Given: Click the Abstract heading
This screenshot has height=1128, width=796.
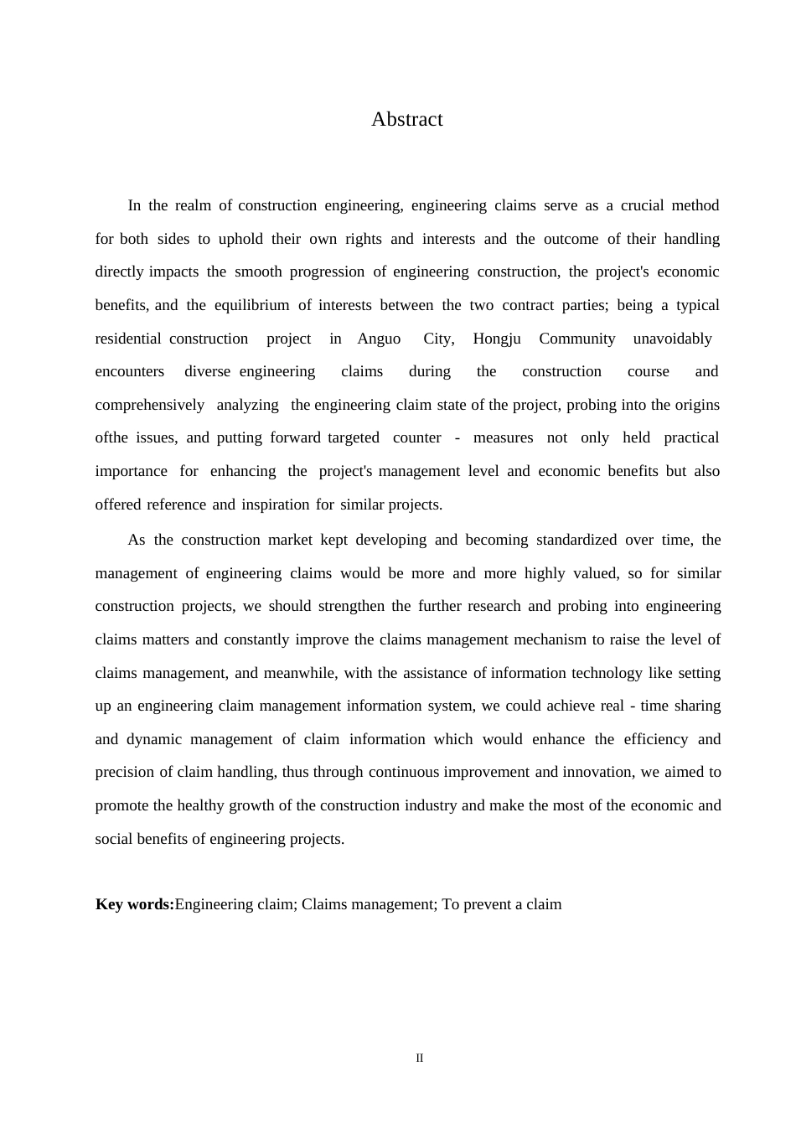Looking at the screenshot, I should [406, 120].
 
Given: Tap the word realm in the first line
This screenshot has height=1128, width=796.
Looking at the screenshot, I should [193, 205].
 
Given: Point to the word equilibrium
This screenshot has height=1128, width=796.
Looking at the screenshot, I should [251, 305].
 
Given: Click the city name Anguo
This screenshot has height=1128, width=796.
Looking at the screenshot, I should [379, 339].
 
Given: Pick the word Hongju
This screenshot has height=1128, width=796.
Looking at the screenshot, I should [496, 339].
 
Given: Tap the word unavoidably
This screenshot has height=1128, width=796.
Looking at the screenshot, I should [672, 339].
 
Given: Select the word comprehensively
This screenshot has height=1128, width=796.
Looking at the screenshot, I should [149, 405].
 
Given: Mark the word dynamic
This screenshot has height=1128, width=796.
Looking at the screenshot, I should [153, 739].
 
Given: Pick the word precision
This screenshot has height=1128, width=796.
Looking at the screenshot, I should [125, 772].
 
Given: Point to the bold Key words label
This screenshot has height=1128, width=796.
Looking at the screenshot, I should [135, 904].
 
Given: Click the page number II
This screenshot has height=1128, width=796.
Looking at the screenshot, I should [420, 1058].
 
